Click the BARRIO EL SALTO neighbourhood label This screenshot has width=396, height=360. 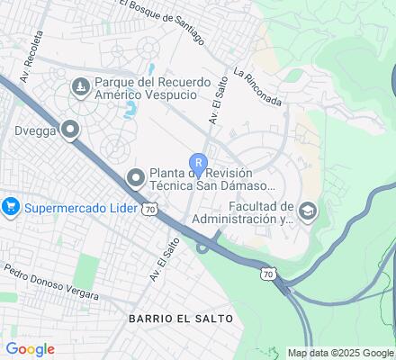coord(180,319)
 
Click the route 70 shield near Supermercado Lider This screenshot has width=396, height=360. coord(150,209)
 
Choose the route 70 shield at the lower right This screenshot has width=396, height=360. coord(267,272)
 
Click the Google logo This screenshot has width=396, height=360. coord(30,349)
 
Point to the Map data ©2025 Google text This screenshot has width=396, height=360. coord(340,353)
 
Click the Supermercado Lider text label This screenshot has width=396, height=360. coord(80,208)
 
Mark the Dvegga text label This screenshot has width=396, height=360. coord(35,129)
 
